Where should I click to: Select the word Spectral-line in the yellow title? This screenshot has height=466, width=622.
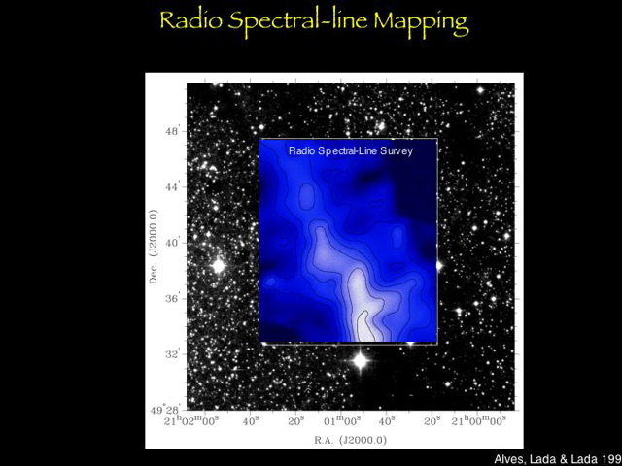click(297, 20)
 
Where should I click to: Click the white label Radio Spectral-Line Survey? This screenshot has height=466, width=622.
click(351, 151)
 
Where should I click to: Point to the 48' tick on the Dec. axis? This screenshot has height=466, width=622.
click(171, 131)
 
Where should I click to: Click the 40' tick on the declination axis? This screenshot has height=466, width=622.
click(171, 243)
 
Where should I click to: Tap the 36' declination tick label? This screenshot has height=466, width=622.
click(171, 298)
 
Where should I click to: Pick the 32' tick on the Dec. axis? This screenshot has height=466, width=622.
click(171, 353)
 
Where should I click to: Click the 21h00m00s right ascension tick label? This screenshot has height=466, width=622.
click(478, 421)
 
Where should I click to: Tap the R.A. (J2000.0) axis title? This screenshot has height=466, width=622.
click(350, 439)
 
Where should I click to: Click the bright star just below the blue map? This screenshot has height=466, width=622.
click(360, 361)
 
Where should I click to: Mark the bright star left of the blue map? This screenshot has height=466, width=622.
click(218, 264)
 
